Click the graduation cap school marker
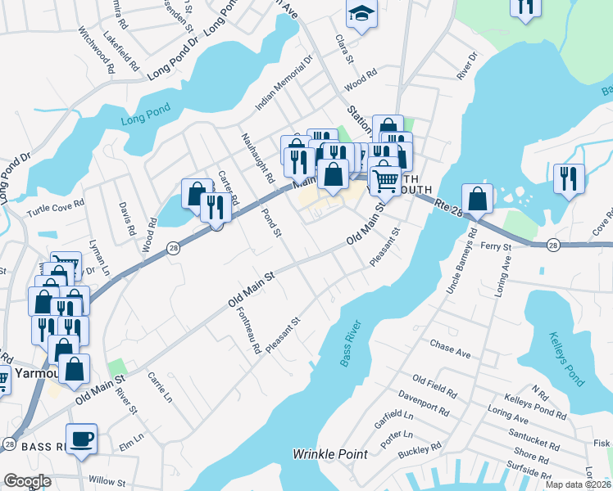[x=360, y=14]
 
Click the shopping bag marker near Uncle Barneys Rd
[x=477, y=198]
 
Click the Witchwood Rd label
[x=96, y=49]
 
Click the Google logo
[x=27, y=482]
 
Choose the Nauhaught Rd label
[x=257, y=157]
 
